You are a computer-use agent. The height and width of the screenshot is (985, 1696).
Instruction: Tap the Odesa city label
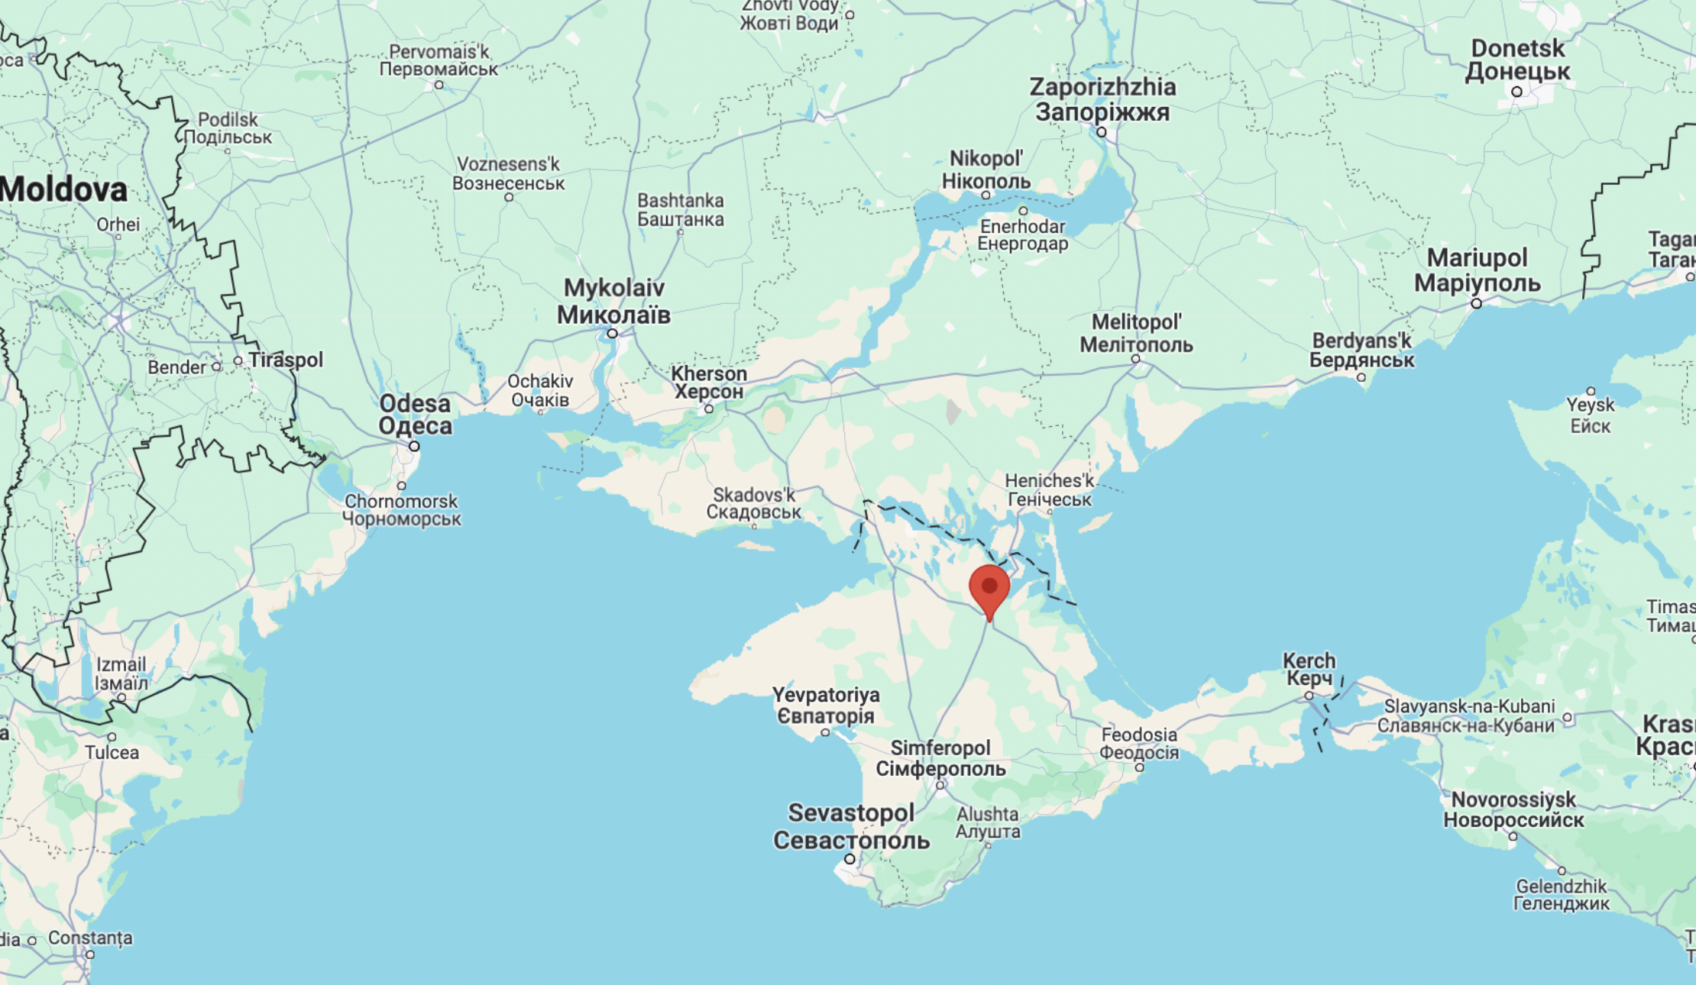coord(415,415)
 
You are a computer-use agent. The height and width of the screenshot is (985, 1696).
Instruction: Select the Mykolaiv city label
coord(613,301)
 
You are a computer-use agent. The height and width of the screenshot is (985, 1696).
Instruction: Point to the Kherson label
coord(708,383)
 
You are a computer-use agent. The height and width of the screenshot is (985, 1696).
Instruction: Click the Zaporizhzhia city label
coord(1102,99)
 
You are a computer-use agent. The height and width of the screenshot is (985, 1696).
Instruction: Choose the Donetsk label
coord(1517,60)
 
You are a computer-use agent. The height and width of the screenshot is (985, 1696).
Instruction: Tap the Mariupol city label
coord(1477,270)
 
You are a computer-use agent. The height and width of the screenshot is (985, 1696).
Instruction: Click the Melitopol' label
coord(1136,333)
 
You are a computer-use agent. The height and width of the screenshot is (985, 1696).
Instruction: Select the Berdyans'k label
coord(1361,350)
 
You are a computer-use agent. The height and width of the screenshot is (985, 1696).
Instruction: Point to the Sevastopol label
coord(851,826)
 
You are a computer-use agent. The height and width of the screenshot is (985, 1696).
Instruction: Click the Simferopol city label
coord(940,757)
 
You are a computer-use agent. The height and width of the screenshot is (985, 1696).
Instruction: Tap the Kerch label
coord(1309,669)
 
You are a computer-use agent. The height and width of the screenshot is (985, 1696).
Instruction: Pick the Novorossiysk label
coord(1513,809)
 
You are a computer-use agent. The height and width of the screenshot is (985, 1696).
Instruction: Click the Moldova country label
coord(64,189)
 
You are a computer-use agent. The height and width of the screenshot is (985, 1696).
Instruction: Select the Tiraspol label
coord(286,360)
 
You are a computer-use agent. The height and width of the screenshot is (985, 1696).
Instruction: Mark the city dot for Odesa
coord(414,446)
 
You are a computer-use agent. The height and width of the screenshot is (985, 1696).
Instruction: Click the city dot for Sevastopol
coord(850,859)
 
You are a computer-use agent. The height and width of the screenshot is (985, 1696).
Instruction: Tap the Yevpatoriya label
coord(825,706)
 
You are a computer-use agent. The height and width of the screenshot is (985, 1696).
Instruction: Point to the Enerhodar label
coord(1022,234)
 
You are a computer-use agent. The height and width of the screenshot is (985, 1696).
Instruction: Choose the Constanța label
coord(90,938)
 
